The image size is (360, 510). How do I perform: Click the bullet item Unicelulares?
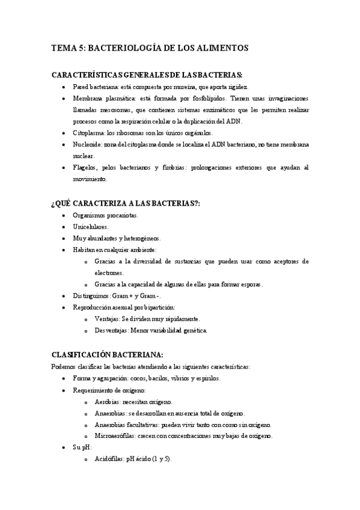tap(91, 227)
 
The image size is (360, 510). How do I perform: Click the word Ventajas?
tap(108, 318)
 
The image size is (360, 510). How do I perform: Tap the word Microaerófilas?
tap(115, 435)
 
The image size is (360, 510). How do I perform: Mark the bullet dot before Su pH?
tap(65, 447)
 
